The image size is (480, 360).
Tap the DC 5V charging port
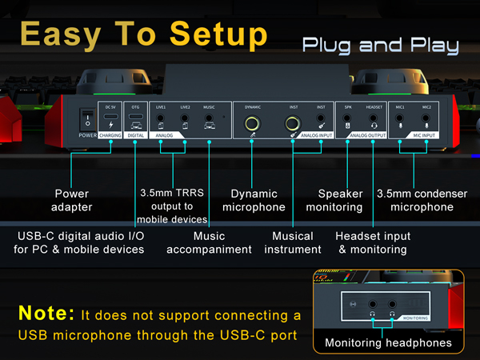tap(111, 118)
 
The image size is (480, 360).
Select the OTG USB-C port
tap(135, 118)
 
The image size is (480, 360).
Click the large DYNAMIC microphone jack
tap(253, 123)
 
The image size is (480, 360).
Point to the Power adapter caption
tap(71, 200)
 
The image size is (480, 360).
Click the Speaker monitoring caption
tap(341, 200)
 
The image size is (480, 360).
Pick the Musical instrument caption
tap(293, 242)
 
